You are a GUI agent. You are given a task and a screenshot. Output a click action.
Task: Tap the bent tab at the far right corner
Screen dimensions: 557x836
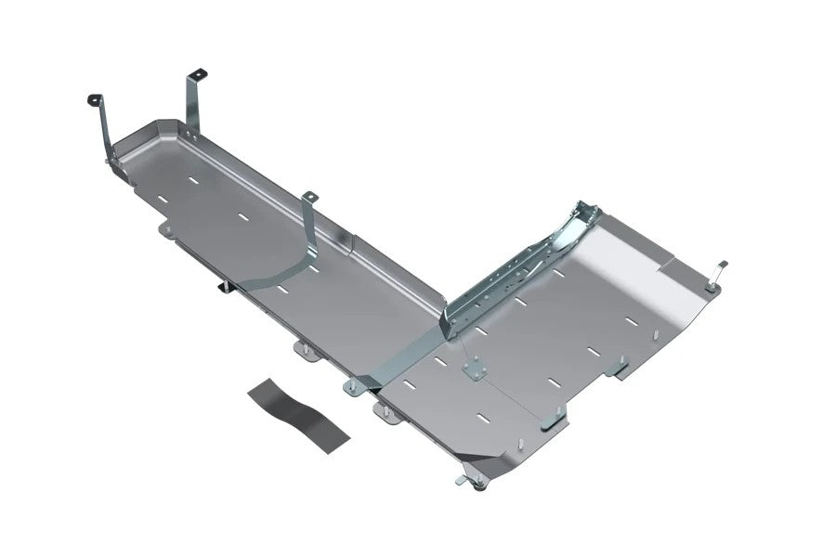[721, 269]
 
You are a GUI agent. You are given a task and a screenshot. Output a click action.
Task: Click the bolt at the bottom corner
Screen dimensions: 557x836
[479, 485]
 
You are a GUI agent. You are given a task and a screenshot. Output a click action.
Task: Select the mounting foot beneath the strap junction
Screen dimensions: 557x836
[354, 385]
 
